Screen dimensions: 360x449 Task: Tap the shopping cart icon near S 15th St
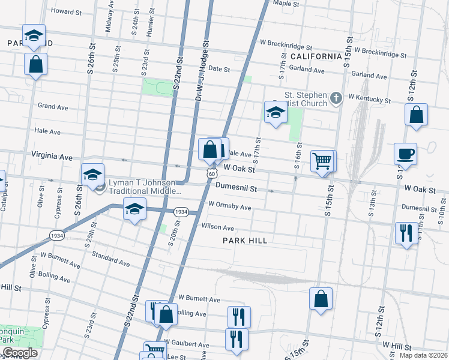click(323, 160)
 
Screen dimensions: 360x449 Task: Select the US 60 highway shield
click(209, 173)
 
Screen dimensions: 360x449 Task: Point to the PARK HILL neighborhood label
click(244, 240)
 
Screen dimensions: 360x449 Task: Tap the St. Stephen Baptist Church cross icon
click(336, 97)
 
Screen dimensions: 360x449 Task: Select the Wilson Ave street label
click(217, 227)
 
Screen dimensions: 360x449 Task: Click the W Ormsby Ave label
click(229, 206)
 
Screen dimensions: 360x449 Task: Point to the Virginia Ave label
click(56, 156)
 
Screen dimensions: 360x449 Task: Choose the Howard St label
click(66, 11)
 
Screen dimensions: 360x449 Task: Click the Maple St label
click(286, 4)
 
